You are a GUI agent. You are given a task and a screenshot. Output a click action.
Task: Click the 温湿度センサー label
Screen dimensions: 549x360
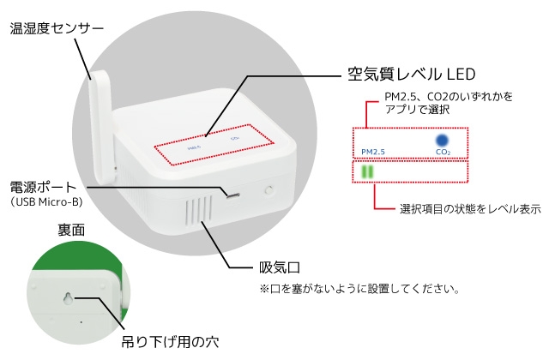pos(57,28)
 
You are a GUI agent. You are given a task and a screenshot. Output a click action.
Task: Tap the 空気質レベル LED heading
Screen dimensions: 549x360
pos(412,75)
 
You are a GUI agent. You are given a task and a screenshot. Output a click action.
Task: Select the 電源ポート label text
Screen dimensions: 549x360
pos(44,187)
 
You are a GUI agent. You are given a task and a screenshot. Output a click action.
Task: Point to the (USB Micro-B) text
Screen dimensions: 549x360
pos(46,202)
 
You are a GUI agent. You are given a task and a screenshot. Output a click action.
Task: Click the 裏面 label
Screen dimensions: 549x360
pos(71,231)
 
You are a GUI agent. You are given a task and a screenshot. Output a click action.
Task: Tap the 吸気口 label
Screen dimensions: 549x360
pos(280,267)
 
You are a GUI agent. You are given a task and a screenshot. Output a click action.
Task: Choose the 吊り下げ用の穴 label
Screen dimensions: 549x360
pos(170,342)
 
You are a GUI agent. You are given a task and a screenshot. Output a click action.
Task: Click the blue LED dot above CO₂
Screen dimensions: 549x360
pos(442,141)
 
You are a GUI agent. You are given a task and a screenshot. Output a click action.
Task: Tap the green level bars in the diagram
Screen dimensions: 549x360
pos(368,171)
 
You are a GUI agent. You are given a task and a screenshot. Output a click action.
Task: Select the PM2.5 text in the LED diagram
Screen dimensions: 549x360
pos(373,152)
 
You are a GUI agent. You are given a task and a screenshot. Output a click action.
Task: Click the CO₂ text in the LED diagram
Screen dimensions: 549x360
pos(443,152)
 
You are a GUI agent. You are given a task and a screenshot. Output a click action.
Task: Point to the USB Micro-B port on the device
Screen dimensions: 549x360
pos(232,195)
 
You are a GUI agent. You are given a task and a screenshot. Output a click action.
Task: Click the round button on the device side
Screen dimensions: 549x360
pos(268,190)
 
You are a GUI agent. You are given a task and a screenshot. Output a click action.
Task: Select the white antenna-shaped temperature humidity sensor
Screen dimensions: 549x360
pos(103,127)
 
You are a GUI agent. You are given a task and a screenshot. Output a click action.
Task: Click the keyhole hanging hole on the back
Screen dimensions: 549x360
pos(69,298)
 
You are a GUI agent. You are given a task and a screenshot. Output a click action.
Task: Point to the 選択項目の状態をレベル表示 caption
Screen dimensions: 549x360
pos(470,209)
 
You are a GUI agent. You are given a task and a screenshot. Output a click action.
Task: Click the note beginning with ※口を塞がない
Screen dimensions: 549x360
pos(359,289)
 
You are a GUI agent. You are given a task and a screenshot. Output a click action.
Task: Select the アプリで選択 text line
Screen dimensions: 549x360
pos(417,110)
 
